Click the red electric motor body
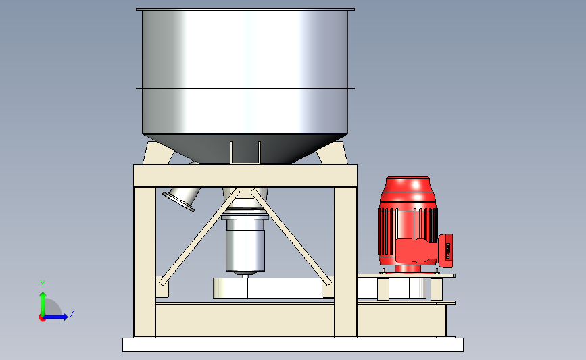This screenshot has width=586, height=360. pyautogui.click(x=408, y=224)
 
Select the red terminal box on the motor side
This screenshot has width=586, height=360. pyautogui.click(x=446, y=251)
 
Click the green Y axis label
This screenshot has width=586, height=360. pyautogui.click(x=43, y=284)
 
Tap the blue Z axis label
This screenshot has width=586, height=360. pyautogui.click(x=72, y=313)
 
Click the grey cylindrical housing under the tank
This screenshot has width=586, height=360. pyautogui.click(x=245, y=247)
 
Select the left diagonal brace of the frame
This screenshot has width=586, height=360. pyautogui.click(x=199, y=237)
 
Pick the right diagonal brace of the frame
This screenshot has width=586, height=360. pyautogui.click(x=291, y=237)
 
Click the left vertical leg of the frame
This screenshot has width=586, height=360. pyautogui.click(x=145, y=261)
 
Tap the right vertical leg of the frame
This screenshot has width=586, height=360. pyautogui.click(x=345, y=261)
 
